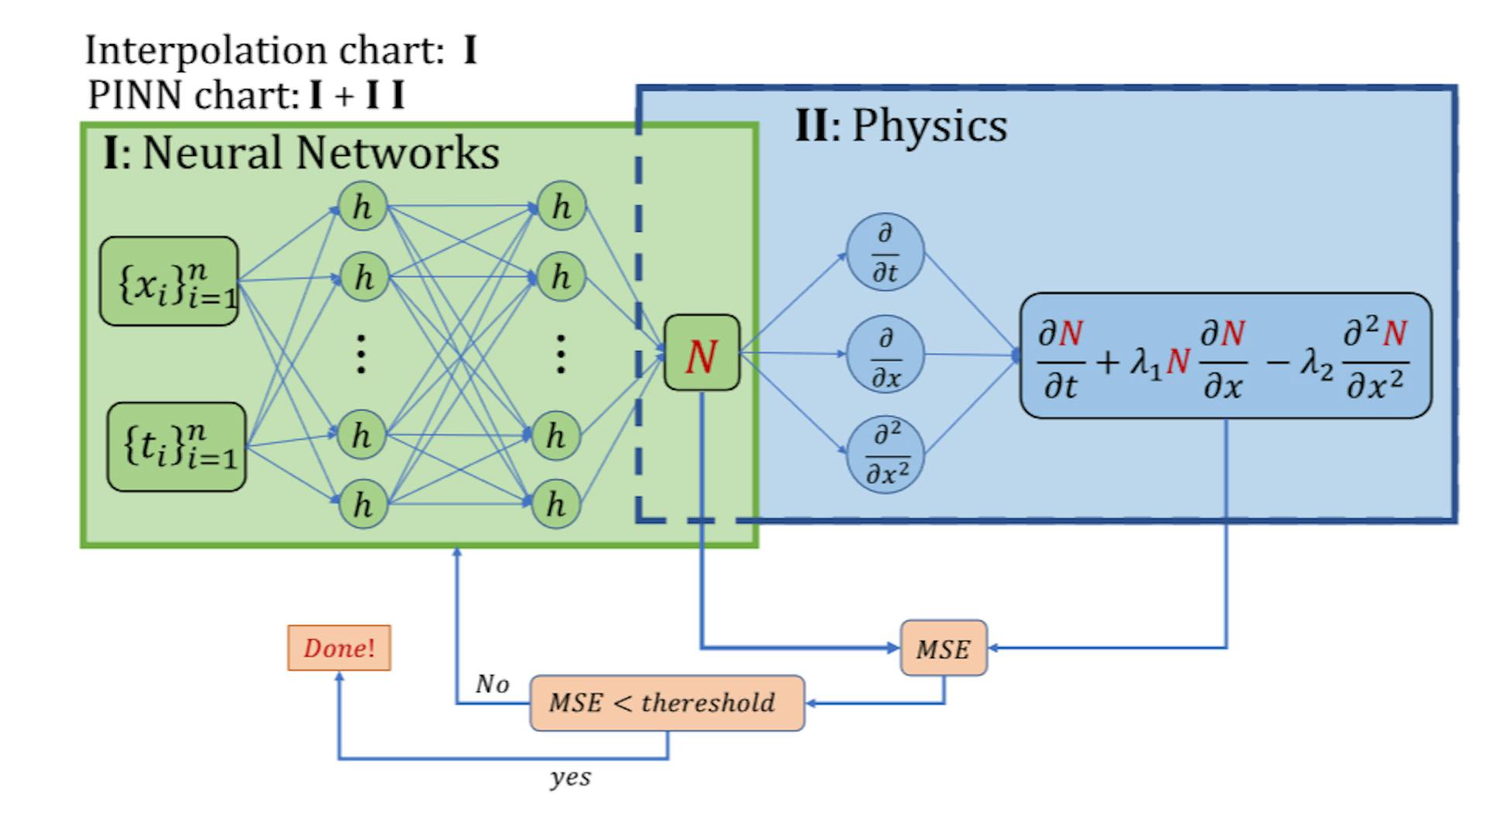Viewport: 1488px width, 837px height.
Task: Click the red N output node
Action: [x=701, y=353]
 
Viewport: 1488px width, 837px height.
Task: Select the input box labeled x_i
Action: [x=169, y=281]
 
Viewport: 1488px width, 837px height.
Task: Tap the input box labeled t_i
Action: [x=176, y=446]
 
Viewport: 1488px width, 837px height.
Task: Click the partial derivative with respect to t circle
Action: [x=885, y=252]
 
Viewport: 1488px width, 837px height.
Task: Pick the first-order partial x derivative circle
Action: [x=885, y=355]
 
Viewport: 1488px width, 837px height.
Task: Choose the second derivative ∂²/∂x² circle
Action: [x=885, y=454]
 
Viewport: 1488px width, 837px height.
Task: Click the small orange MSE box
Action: [x=943, y=648]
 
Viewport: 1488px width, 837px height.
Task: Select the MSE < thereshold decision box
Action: [x=666, y=703]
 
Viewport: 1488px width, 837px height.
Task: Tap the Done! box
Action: [x=339, y=648]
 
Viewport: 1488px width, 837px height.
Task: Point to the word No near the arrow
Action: [x=492, y=684]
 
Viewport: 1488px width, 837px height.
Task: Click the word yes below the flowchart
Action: [x=570, y=777]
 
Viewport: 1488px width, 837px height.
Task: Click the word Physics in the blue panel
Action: [x=929, y=126]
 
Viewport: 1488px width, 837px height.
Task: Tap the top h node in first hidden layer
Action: [x=362, y=206]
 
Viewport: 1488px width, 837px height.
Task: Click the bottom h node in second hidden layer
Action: [x=556, y=505]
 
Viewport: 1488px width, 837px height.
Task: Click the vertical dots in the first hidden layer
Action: [x=361, y=353]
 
